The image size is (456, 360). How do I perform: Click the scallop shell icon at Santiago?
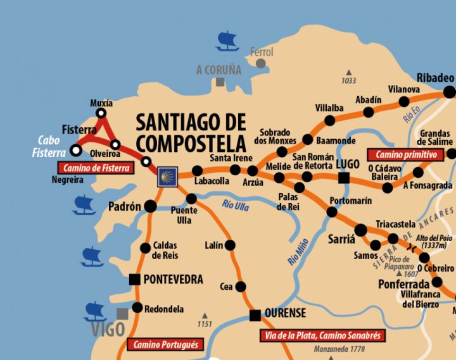(167, 176)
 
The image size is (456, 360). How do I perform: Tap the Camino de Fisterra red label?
(95, 168)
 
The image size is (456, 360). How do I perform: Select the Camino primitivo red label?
(406, 154)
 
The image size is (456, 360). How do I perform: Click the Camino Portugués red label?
(165, 345)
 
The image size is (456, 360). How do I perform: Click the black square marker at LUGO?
(344, 178)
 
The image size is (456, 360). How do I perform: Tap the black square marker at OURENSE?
(255, 315)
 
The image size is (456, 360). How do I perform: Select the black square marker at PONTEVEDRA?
(134, 279)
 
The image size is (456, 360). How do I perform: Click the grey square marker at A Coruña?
(220, 82)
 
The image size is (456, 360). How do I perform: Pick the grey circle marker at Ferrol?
(260, 63)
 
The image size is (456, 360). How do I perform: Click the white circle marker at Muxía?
(101, 113)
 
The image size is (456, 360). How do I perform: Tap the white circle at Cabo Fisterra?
(76, 151)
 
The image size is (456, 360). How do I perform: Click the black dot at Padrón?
(150, 206)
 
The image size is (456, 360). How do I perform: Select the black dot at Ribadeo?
(449, 92)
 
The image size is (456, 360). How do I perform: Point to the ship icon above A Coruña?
(227, 41)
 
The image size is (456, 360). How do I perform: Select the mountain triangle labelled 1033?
(348, 72)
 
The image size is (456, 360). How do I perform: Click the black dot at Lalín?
(230, 245)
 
